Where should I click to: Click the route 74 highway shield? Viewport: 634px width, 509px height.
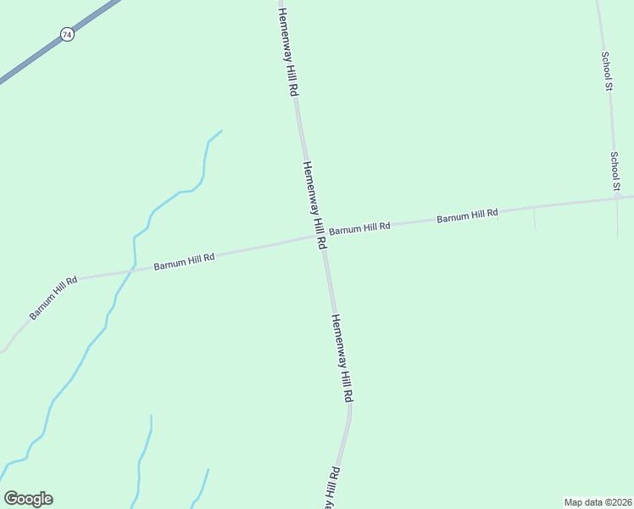pos(67,35)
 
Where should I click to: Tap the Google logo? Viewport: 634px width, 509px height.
pos(28,499)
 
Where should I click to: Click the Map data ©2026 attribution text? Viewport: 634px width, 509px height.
pos(598,502)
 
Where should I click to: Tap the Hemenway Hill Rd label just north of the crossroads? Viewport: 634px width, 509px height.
pos(314,204)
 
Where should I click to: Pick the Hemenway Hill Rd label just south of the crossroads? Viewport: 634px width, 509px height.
pos(342,357)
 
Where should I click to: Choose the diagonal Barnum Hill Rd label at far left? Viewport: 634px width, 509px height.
pos(53,297)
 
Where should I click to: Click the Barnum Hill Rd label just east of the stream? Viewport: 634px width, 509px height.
pos(184,260)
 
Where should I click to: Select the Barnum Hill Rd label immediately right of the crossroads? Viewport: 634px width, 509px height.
pos(359,227)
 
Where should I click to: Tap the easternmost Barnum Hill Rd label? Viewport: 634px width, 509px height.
pos(467,216)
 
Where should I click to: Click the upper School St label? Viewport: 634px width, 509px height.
pos(607,71)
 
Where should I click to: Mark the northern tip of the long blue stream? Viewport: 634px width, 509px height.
pos(220,131)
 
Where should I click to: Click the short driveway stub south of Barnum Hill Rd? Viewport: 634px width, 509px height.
pos(535,219)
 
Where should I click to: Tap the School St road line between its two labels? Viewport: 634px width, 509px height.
pos(611,123)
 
